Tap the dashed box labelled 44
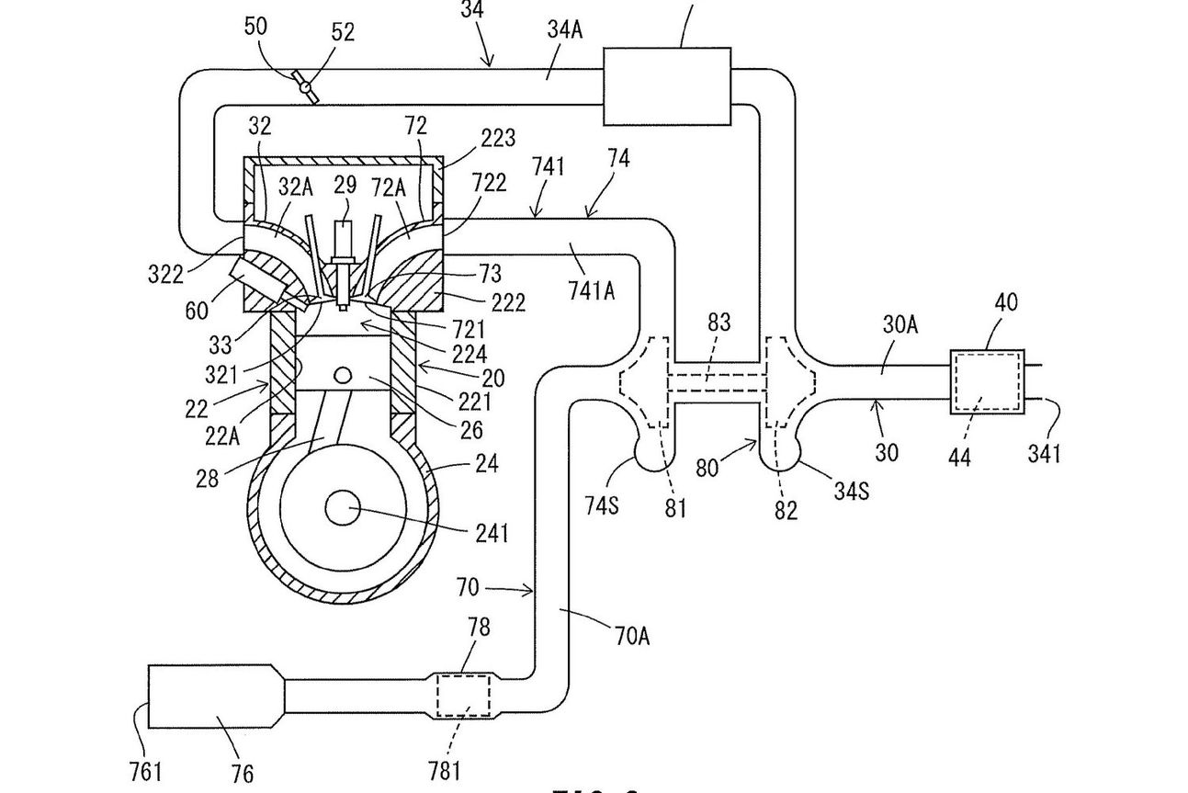pos(986,382)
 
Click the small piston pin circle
pos(344,376)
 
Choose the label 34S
pos(852,492)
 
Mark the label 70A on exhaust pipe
pos(630,634)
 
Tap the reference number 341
pos(1044,452)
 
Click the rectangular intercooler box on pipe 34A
pos(666,85)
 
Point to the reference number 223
pos(497,138)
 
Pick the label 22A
pos(221,435)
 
